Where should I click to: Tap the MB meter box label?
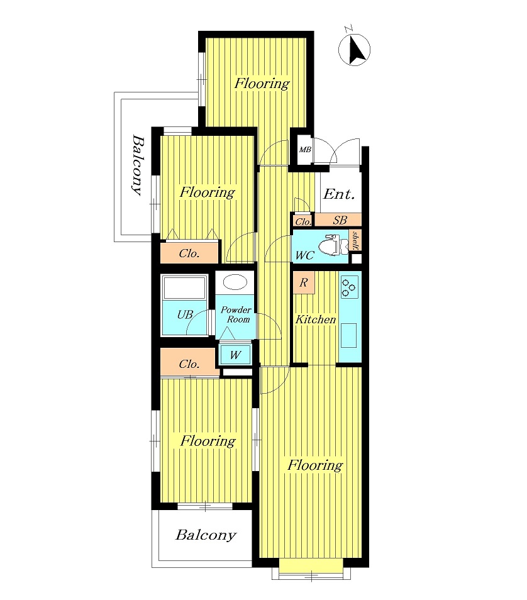(x=305, y=150)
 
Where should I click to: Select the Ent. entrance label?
(x=339, y=194)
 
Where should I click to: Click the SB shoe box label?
(x=340, y=221)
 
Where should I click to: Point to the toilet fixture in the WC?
(x=330, y=245)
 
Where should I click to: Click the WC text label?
(x=304, y=256)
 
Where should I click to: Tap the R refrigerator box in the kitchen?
(x=303, y=283)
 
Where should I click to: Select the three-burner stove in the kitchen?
(x=349, y=287)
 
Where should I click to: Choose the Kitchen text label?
(x=316, y=320)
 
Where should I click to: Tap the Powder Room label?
(x=236, y=314)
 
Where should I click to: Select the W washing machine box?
(x=235, y=355)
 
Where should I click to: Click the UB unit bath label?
(x=184, y=314)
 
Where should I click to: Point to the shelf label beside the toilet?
(x=355, y=240)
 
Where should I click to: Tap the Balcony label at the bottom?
(x=206, y=535)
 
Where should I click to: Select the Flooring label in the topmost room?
(x=262, y=83)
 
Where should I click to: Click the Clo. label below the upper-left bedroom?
(x=189, y=254)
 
